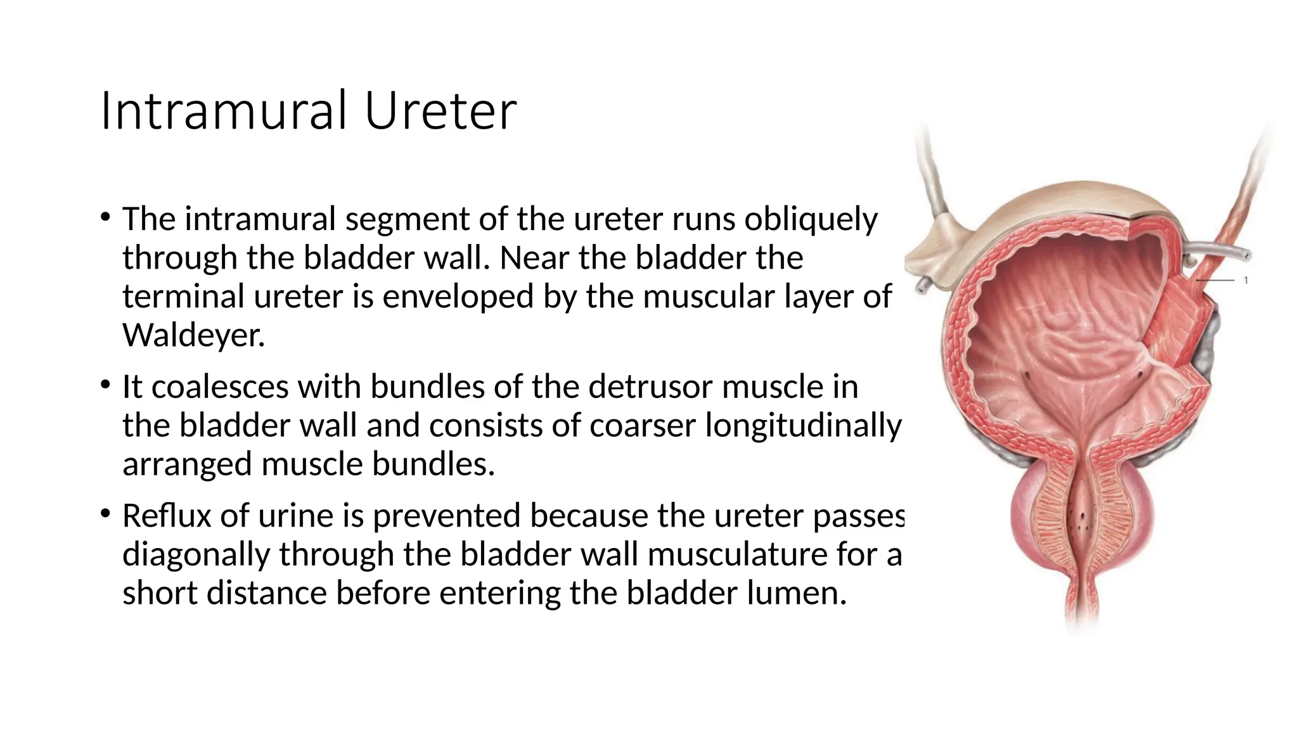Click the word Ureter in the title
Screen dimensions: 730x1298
440,112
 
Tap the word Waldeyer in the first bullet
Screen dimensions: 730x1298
193,335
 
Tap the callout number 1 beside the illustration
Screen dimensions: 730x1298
1246,280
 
